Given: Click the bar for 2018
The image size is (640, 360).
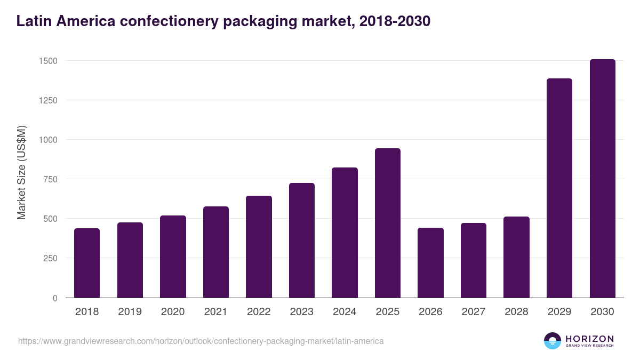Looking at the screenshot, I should point(87,263).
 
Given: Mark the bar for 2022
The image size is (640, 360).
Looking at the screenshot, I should point(259,246).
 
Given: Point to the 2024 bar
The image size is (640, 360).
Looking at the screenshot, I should point(345,233).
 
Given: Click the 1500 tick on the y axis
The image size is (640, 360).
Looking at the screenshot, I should point(47,61).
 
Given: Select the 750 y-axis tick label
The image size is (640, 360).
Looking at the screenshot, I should point(50,179).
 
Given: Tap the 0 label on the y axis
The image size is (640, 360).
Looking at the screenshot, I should point(55,298).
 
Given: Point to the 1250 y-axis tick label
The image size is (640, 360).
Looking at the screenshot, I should point(47,100).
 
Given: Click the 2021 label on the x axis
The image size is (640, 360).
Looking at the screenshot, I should point(215,312).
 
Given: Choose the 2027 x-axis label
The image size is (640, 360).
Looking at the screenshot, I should point(473,312).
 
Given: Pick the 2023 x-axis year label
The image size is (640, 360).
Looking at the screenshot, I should point(301,312).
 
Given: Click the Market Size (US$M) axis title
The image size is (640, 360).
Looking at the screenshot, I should point(21,173).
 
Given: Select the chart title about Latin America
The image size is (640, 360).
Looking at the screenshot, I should point(223,21).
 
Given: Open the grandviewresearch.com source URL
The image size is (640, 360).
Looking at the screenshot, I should point(201,341).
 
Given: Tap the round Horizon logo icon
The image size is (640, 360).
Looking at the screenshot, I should point(552,341).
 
